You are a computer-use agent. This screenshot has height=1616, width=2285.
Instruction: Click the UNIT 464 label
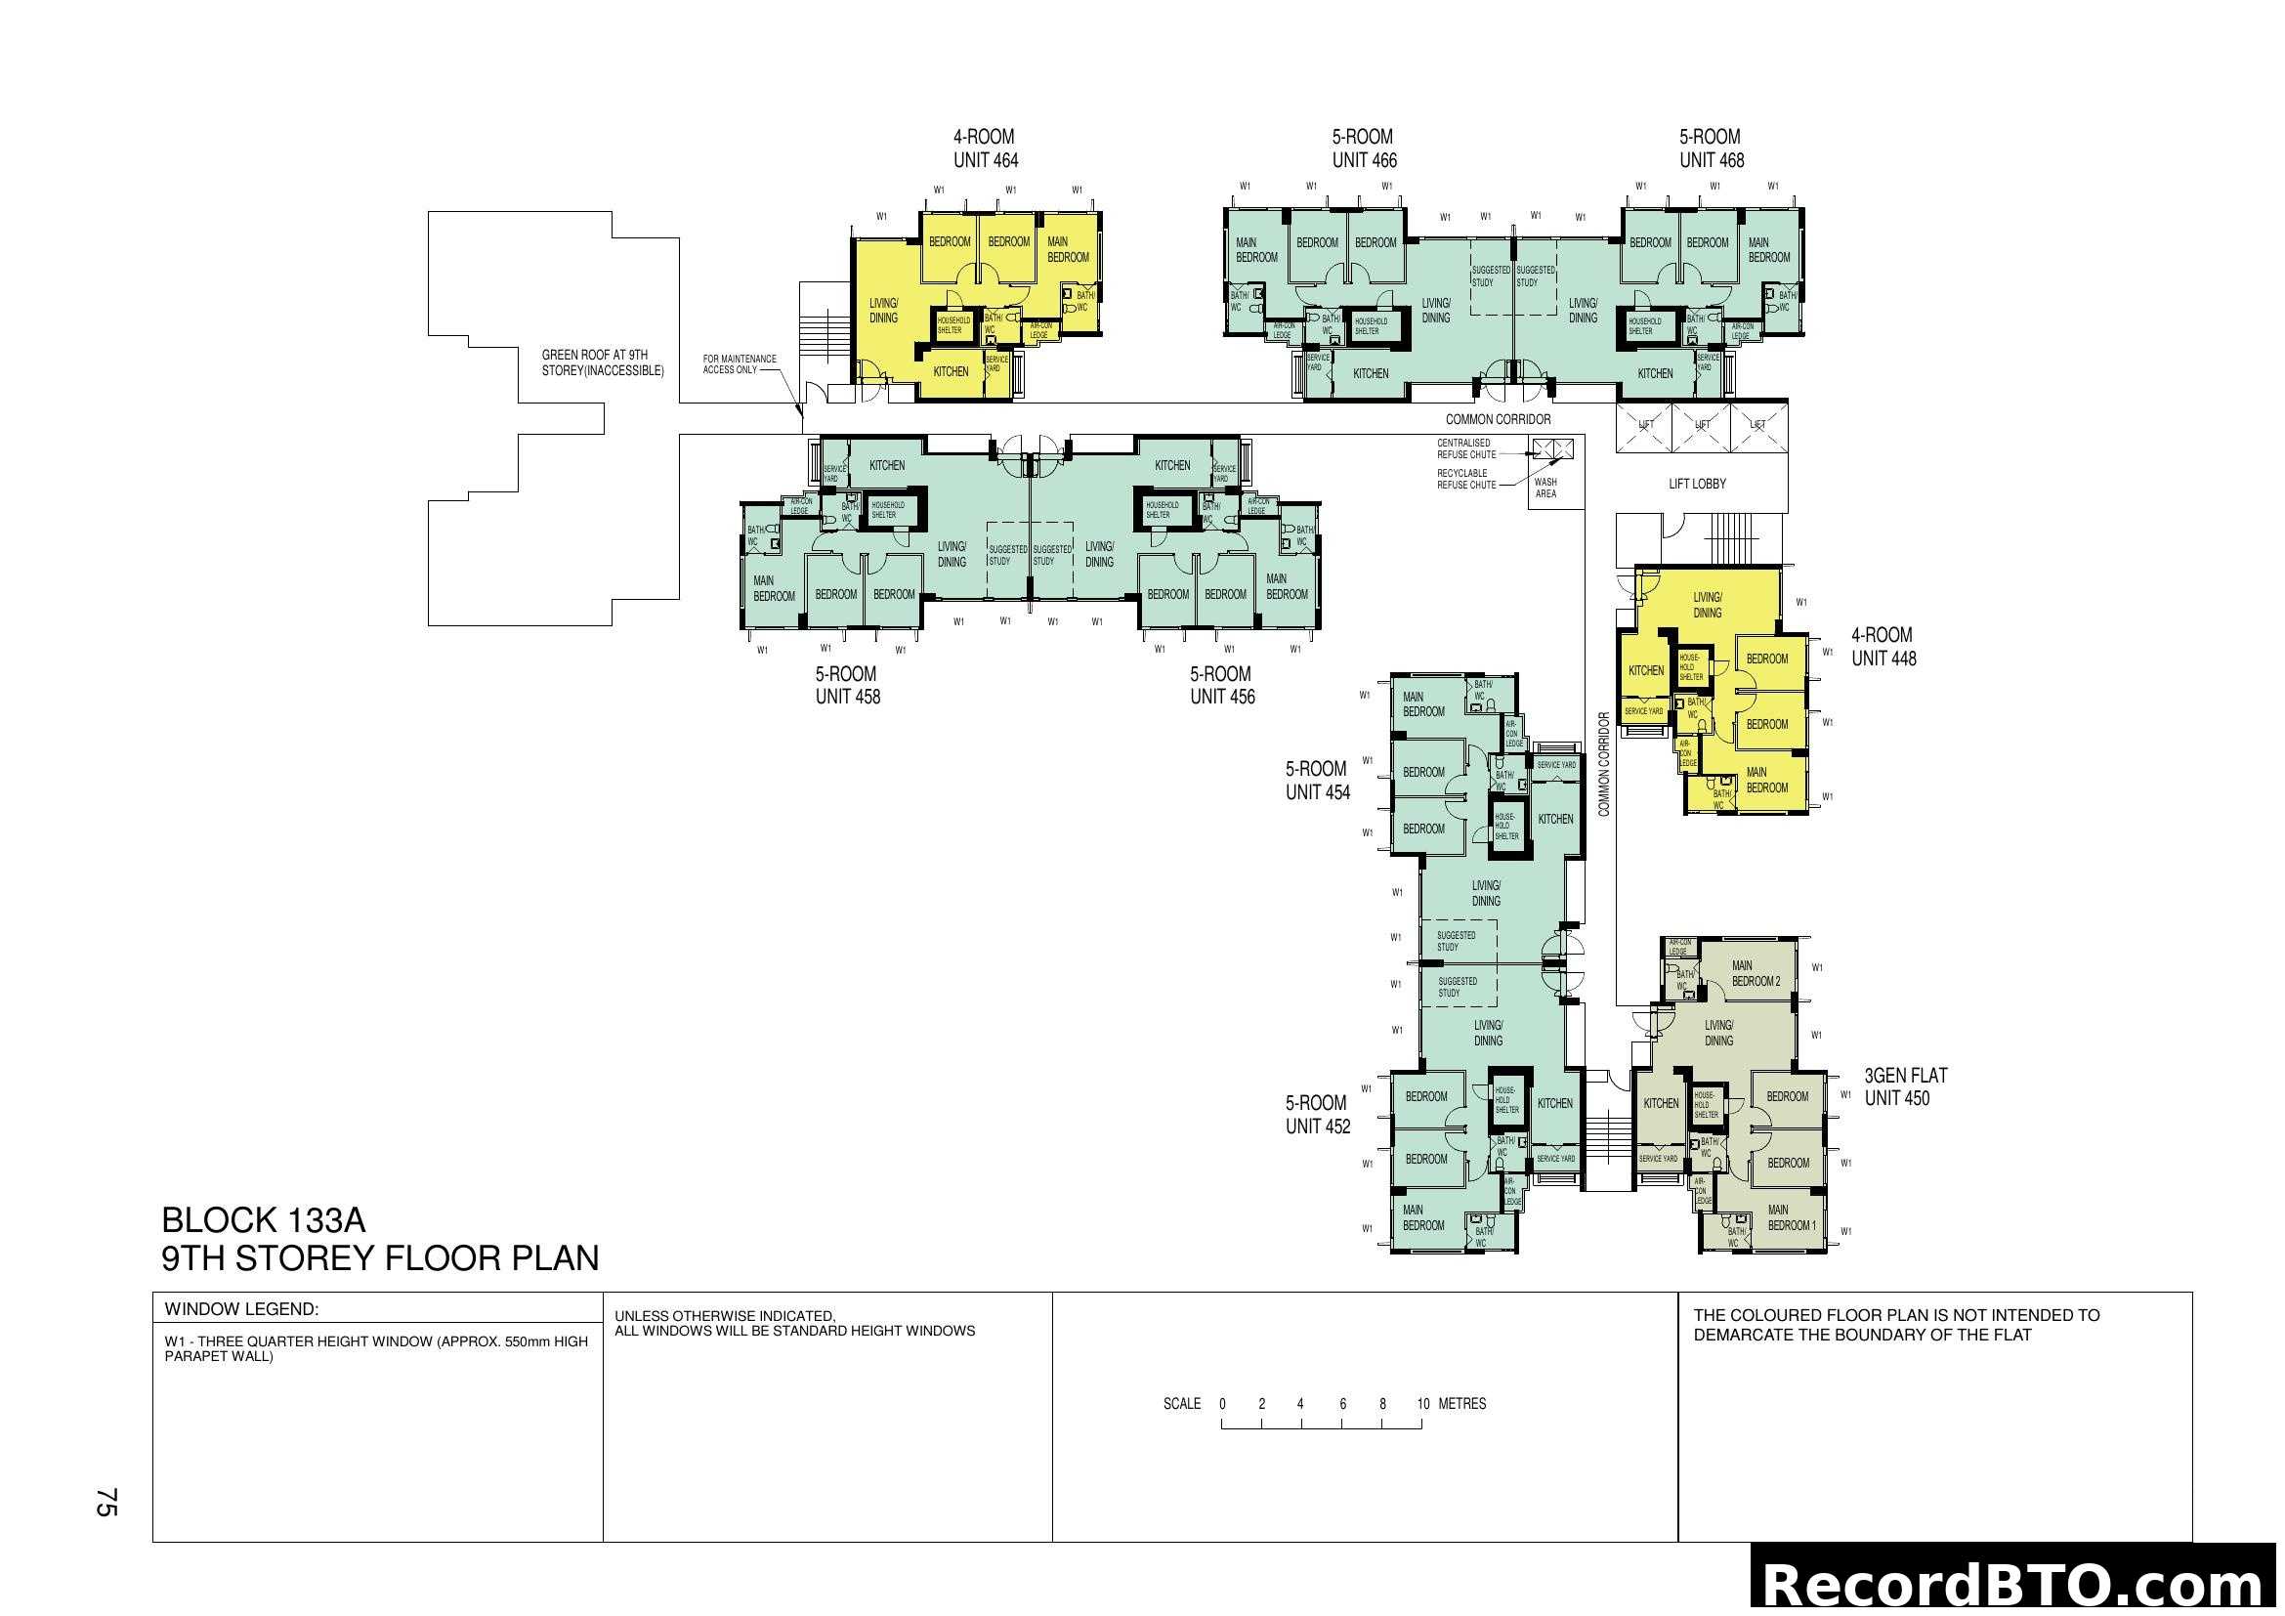pos(986,160)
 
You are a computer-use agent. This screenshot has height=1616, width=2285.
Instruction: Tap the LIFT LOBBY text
pos(1697,484)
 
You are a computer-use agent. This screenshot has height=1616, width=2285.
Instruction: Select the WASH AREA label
pos(1545,488)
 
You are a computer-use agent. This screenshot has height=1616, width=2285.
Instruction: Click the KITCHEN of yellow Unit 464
pos(951,371)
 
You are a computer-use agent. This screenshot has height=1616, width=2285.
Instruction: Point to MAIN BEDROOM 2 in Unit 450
pos(1756,973)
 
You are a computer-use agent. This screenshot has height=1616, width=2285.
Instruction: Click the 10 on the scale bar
pos(1423,1404)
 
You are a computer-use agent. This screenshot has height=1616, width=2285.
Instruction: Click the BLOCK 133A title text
pos(264,1220)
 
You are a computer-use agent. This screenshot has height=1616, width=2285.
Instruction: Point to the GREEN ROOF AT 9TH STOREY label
pos(602,362)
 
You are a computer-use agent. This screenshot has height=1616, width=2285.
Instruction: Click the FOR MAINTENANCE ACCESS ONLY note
pos(739,364)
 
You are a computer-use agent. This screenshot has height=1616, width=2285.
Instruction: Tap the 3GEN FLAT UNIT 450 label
pos(1905,1086)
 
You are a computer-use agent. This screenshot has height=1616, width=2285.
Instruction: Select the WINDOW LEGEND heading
pos(242,1308)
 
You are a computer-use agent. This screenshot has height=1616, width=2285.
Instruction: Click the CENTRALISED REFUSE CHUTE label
pos(1466,448)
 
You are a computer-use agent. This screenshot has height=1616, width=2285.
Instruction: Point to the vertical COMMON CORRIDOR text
pos(1603,764)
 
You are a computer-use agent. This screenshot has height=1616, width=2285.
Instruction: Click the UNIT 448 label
pos(1883,658)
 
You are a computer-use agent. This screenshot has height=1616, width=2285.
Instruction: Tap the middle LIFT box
pos(1702,425)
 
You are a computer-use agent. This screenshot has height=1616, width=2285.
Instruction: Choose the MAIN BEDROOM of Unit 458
pos(774,588)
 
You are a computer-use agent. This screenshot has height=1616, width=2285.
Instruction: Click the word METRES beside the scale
pos(1462,1404)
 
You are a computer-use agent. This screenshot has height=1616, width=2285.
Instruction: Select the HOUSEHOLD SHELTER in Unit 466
pos(1371,325)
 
